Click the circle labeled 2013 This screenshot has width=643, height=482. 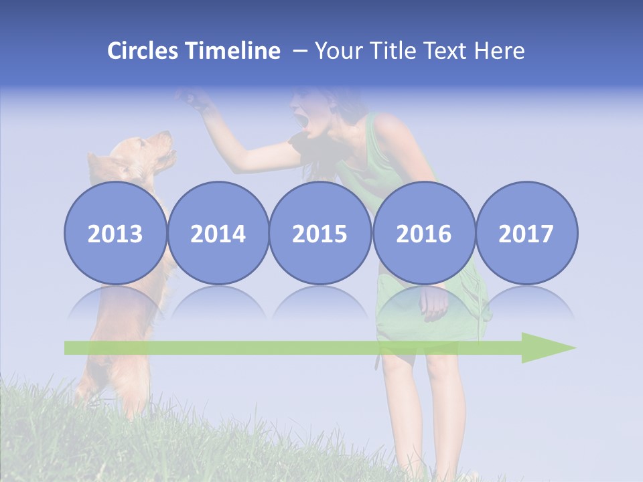115,232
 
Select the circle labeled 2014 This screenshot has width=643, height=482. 218,232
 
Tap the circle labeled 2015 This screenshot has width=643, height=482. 320,232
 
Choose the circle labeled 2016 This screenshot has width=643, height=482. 423,232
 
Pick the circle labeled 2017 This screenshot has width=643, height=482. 526,232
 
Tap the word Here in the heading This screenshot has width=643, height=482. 499,51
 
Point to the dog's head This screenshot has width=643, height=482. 151,151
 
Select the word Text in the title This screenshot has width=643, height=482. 448,51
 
